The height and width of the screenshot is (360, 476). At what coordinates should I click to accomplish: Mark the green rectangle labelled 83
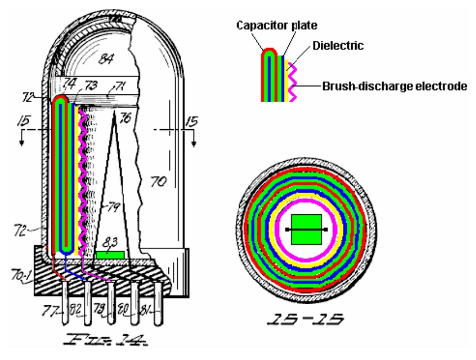(x=110, y=255)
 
